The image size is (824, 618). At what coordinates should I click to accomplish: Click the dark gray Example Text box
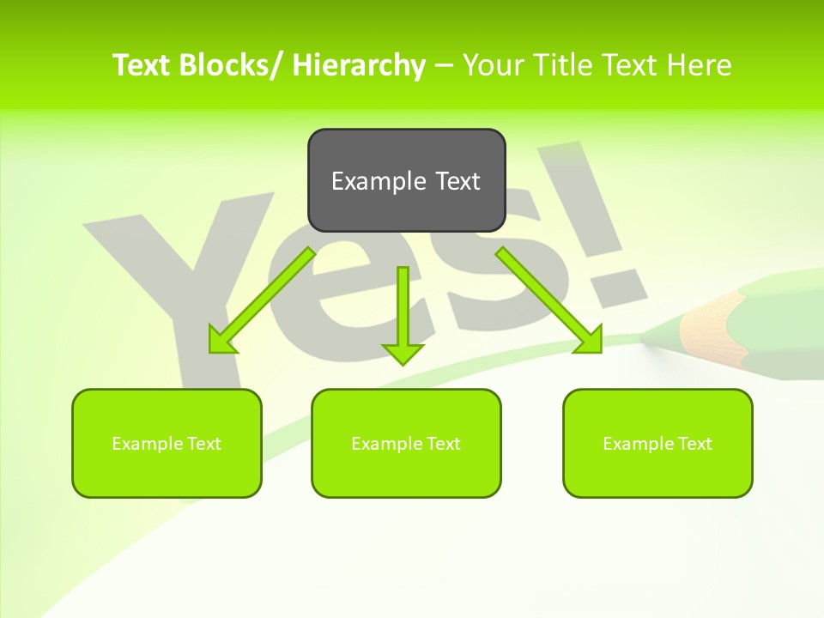tap(406, 180)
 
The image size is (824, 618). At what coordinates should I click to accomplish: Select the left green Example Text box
tap(167, 443)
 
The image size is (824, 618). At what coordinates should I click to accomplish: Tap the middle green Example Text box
tap(406, 443)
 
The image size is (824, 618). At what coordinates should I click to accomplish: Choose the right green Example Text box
tap(657, 443)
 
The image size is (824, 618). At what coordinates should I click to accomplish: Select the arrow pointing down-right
tap(549, 300)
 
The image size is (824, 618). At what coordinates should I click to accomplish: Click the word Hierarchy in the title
tap(359, 65)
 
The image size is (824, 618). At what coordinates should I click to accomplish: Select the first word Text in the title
tap(141, 65)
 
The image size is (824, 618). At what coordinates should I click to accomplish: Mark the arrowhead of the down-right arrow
tap(590, 339)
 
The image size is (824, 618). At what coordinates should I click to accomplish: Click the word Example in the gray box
tap(367, 180)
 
